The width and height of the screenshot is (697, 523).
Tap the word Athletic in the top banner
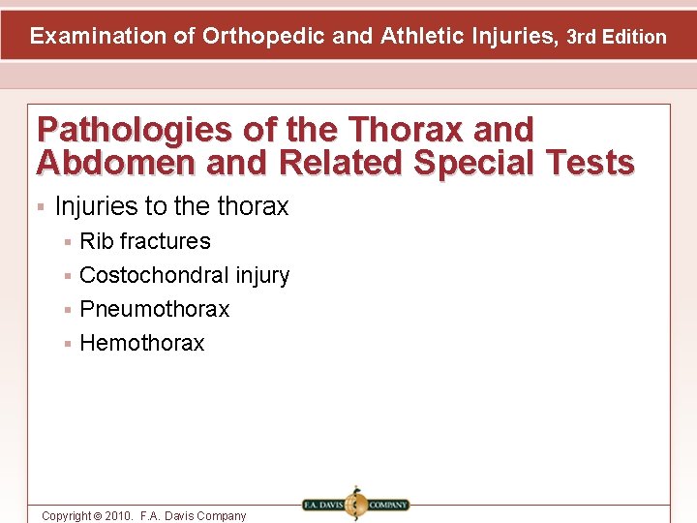tap(419, 37)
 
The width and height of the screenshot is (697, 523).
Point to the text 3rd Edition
tap(617, 38)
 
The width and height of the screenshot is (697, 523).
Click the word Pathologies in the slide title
tap(133, 130)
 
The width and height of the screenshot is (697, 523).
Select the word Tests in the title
tap(590, 163)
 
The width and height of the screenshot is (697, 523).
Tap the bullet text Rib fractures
tap(145, 241)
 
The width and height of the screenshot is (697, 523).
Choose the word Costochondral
tap(154, 275)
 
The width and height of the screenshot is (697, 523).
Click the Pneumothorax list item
tap(155, 309)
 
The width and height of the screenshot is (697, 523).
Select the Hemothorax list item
tap(142, 343)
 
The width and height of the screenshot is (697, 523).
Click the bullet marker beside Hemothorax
tap(68, 344)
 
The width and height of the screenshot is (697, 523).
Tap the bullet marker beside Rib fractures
tap(68, 242)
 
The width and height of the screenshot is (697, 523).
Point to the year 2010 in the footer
tap(118, 516)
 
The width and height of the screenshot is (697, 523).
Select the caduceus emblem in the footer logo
tap(355, 505)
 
